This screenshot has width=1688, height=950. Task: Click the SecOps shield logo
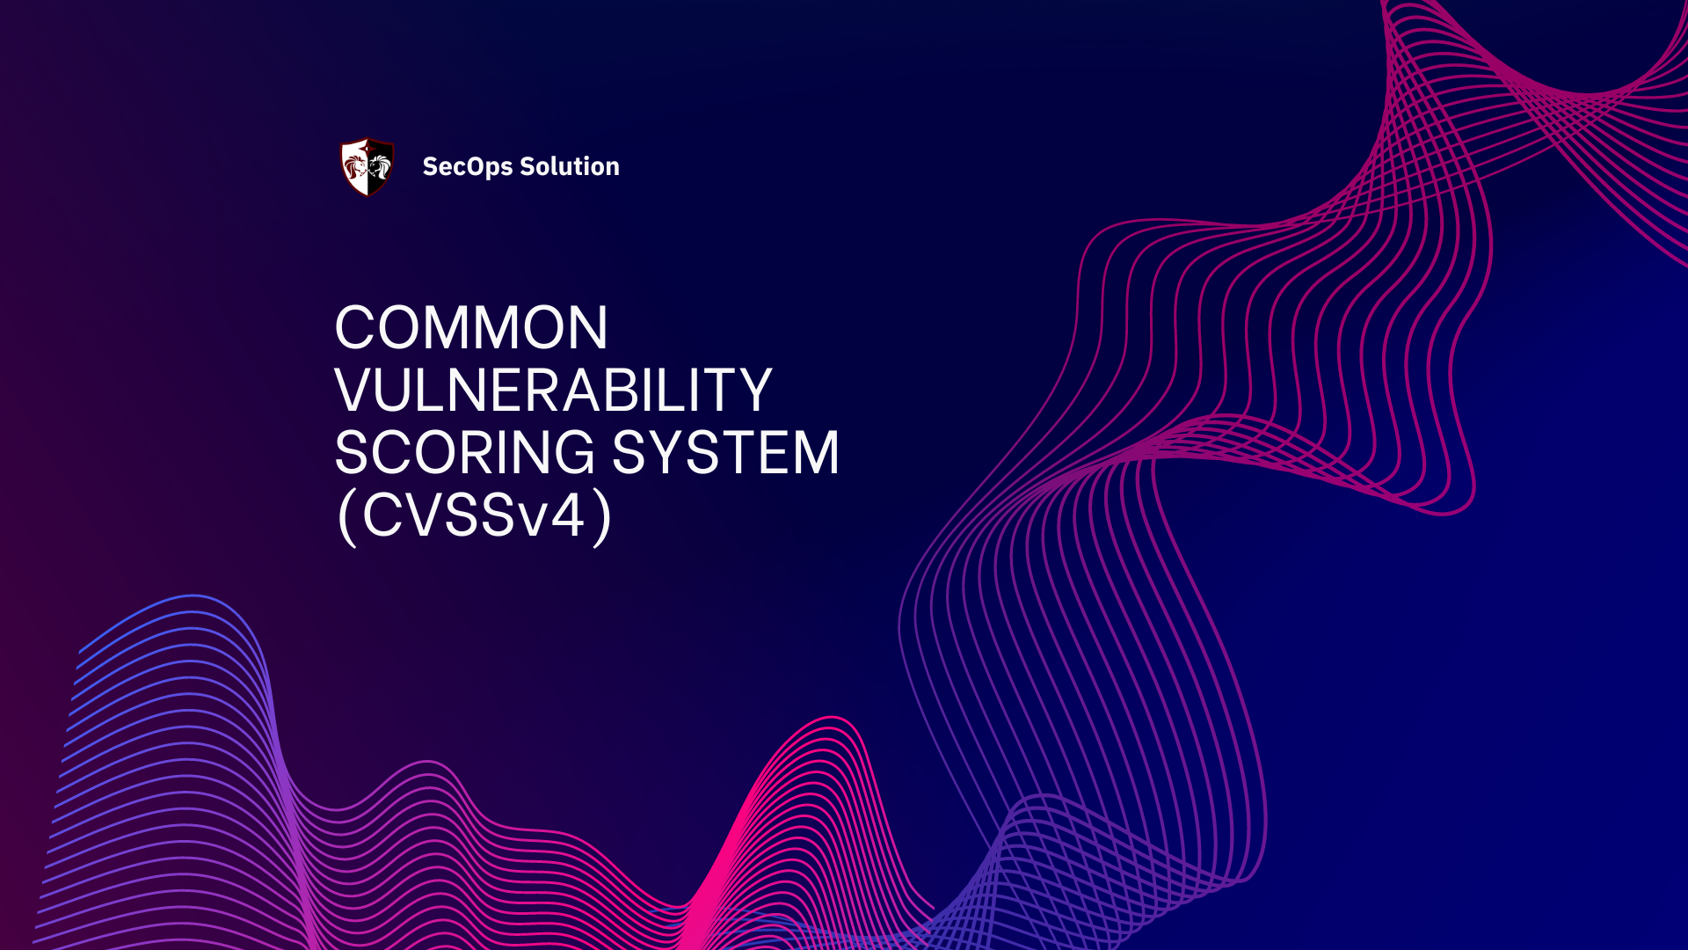point(367,166)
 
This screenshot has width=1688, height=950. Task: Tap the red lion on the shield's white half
point(355,166)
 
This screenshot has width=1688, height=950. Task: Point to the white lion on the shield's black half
point(379,165)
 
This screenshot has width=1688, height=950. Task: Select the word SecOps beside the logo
point(467,166)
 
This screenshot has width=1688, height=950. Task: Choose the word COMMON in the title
point(471,328)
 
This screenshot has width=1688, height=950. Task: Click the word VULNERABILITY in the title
point(553,391)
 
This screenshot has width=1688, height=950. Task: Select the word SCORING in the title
point(465,453)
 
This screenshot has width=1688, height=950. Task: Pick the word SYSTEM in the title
point(725,453)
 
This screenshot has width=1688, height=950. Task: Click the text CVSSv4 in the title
point(474,515)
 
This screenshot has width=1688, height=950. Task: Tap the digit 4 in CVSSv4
point(567,515)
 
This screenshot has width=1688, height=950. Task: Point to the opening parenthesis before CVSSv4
point(347,517)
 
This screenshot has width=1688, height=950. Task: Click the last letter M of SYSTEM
point(808,453)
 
